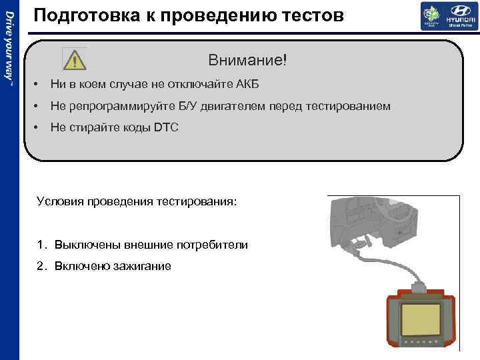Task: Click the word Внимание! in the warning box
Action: [247, 60]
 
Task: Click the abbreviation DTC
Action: [166, 127]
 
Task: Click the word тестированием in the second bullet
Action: [348, 107]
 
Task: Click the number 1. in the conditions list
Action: [42, 245]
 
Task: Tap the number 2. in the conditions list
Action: [42, 266]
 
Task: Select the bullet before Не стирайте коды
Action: [34, 127]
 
